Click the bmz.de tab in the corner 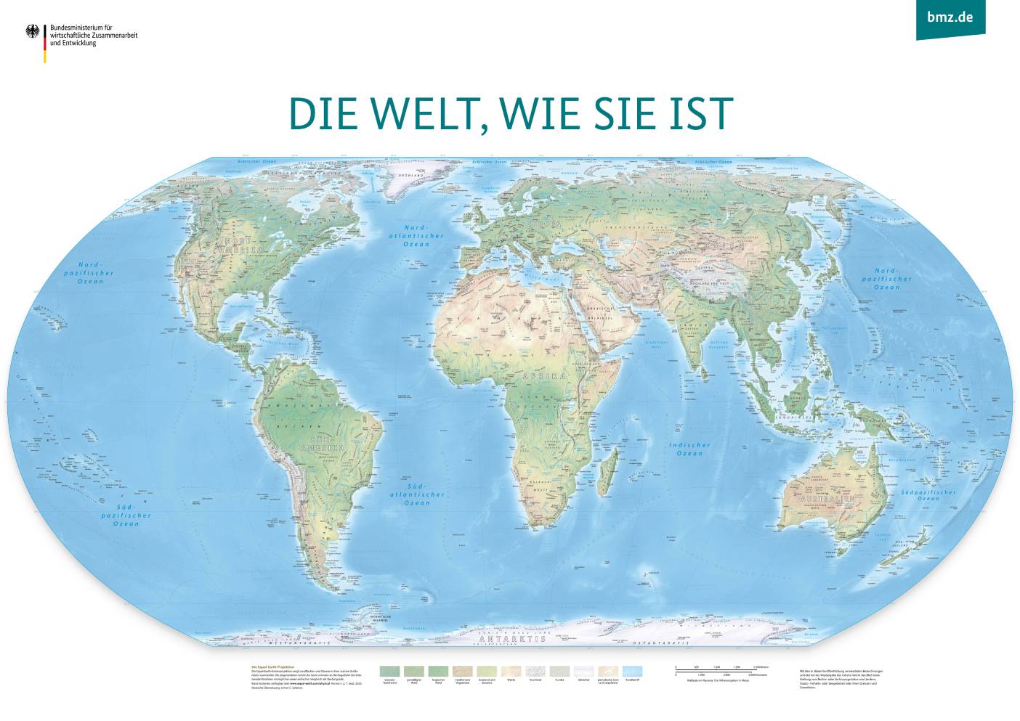coord(950,17)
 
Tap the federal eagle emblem coord(33,31)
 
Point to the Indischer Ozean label coord(689,449)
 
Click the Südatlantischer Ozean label coord(417,494)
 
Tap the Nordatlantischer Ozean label coord(416,236)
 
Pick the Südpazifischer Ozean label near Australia coord(928,495)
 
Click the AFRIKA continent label coord(543,376)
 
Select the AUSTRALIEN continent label coord(827,500)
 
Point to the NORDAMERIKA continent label coord(243,245)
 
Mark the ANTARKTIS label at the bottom coord(512,639)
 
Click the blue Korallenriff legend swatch coord(632,672)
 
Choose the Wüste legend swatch coord(511,672)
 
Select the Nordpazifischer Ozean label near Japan coord(886,279)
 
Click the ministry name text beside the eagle coord(93,35)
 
